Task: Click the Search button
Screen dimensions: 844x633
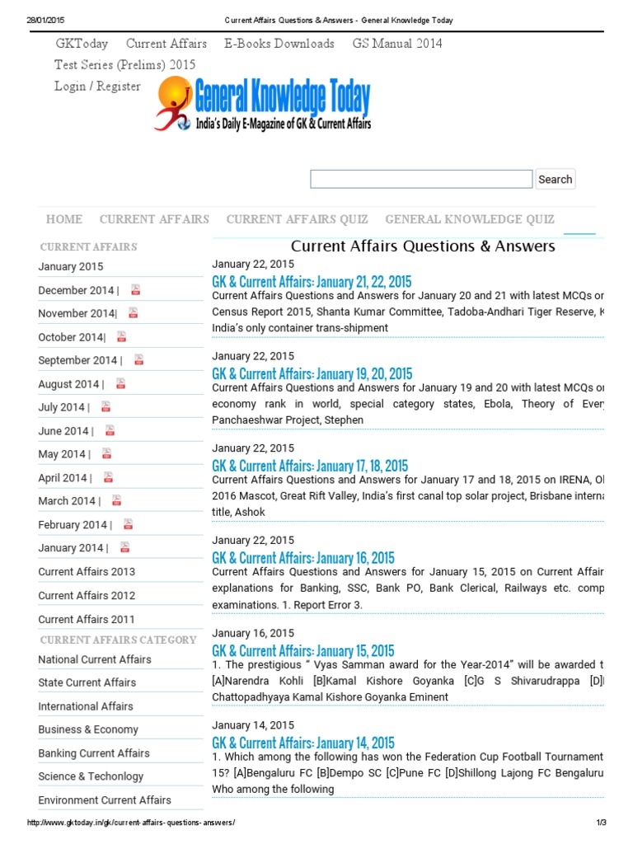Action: pyautogui.click(x=555, y=179)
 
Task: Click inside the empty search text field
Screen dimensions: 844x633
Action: pyautogui.click(x=420, y=179)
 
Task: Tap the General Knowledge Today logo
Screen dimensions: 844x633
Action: pyautogui.click(x=263, y=105)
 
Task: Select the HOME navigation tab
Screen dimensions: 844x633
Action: pyautogui.click(x=64, y=219)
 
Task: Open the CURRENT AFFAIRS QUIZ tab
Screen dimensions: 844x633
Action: pyautogui.click(x=297, y=219)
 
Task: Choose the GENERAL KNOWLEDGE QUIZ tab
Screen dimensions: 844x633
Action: pyautogui.click(x=469, y=219)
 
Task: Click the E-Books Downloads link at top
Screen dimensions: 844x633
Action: pyautogui.click(x=279, y=44)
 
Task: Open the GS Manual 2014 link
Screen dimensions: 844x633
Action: pyautogui.click(x=397, y=44)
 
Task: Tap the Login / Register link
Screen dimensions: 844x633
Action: pyautogui.click(x=97, y=87)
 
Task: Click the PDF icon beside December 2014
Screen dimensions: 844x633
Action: pyautogui.click(x=135, y=290)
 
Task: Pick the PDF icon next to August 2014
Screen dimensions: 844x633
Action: pyautogui.click(x=120, y=384)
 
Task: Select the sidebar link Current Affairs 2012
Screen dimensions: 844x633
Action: pyautogui.click(x=87, y=595)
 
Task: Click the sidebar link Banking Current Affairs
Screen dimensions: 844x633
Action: pyautogui.click(x=94, y=753)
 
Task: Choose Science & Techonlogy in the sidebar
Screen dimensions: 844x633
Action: pyautogui.click(x=91, y=776)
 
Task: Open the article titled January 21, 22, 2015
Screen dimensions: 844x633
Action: pyautogui.click(x=312, y=282)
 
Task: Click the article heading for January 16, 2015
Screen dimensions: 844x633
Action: pyautogui.click(x=303, y=558)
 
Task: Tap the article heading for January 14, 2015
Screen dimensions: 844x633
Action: pyautogui.click(x=303, y=743)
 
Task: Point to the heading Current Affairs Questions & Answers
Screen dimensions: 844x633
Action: pyautogui.click(x=423, y=246)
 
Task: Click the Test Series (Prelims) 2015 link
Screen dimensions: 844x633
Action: pyautogui.click(x=125, y=65)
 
